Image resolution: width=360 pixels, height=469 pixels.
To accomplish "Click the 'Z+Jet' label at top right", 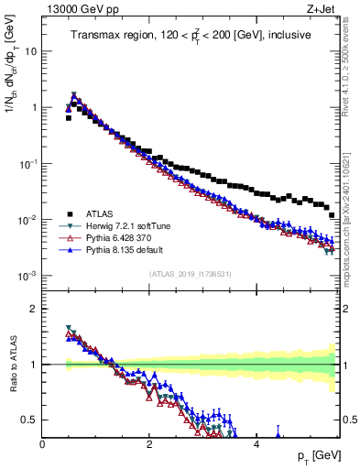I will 320,9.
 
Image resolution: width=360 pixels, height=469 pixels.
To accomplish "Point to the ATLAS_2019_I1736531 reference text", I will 190,274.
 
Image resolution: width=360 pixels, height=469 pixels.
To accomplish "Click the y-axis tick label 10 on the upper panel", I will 30,51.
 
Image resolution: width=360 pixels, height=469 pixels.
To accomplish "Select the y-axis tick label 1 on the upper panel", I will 33,108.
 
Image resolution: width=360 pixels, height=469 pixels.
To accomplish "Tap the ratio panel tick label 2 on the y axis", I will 33,309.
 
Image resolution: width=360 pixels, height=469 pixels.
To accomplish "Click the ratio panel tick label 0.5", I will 28,420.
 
